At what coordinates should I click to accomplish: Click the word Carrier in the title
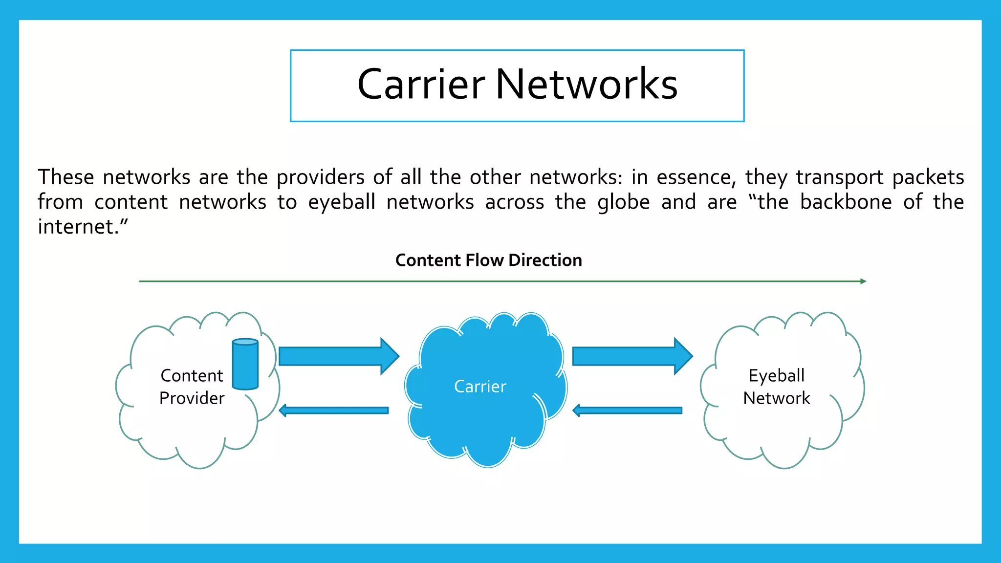point(421,85)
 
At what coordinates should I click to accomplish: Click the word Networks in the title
point(587,85)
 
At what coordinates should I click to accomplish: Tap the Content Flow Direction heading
point(488,260)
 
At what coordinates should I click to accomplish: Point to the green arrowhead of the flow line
point(863,281)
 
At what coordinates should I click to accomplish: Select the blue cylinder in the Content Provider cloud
point(245,364)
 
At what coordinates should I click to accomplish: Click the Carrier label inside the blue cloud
point(480,387)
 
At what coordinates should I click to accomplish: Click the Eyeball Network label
point(776,387)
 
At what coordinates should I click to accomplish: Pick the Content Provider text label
point(192,387)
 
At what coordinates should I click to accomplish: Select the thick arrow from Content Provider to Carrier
point(339,356)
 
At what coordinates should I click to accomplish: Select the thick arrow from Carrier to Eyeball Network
point(632,356)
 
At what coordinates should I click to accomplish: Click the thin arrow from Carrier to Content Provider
point(334,410)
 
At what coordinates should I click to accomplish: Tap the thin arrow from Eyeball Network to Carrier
point(627,410)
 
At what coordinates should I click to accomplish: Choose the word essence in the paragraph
point(696,177)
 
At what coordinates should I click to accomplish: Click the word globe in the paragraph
point(623,202)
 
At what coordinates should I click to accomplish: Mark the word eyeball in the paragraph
point(342,202)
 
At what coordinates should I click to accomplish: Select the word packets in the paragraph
point(928,177)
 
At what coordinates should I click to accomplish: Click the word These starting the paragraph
point(66,177)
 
